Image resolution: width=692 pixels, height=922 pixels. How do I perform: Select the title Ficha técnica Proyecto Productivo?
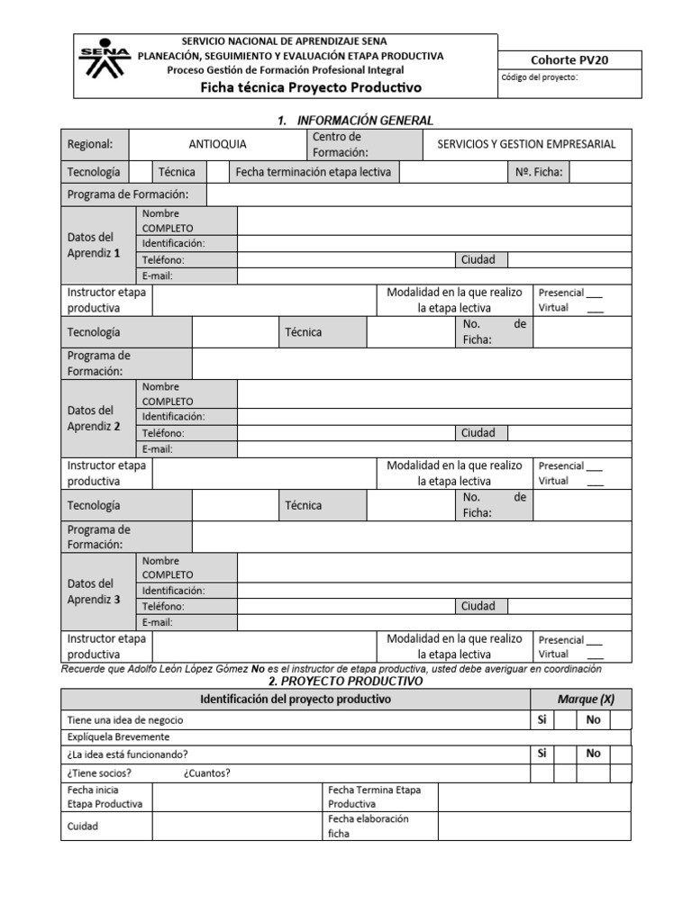[310, 88]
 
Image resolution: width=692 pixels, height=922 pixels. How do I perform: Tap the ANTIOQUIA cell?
[217, 144]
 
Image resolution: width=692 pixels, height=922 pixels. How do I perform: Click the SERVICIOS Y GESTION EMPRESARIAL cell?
[526, 144]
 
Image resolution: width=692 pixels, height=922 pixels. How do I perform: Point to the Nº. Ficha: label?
[539, 172]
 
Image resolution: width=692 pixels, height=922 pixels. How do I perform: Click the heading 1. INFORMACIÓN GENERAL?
[355, 120]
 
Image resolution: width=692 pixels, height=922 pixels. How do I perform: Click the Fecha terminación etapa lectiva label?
[313, 172]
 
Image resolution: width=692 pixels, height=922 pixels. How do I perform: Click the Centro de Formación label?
[336, 144]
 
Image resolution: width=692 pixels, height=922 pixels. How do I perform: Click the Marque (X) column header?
[586, 700]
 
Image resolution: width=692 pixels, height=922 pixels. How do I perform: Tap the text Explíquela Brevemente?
[118, 737]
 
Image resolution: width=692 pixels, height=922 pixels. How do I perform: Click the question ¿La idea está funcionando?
[128, 754]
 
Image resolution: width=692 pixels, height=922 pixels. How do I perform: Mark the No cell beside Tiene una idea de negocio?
[593, 719]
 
